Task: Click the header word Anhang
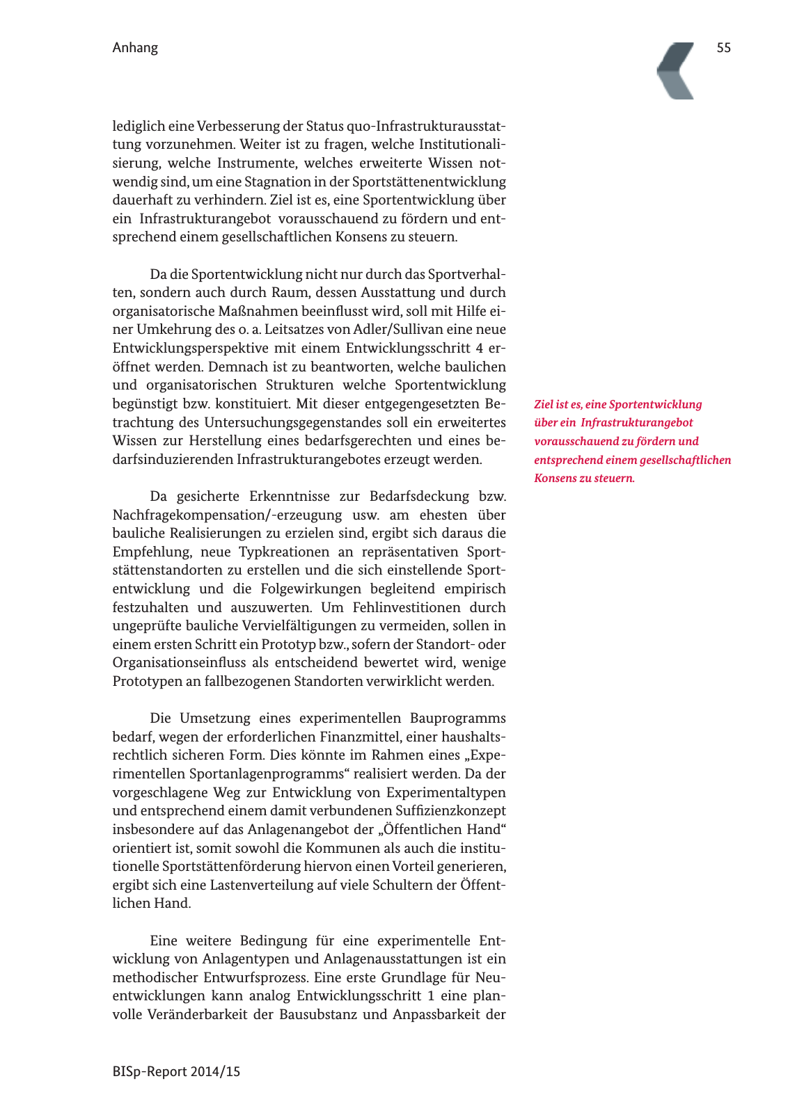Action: tap(135, 48)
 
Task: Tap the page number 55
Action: tap(723, 48)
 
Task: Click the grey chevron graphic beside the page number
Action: tap(677, 70)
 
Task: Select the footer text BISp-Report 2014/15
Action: tap(176, 1072)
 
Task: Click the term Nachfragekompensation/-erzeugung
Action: tap(227, 515)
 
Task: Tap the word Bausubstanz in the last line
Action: tap(318, 1015)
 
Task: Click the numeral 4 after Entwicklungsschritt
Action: tap(480, 349)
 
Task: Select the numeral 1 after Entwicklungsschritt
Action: tap(431, 996)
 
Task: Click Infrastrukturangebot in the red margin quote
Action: tap(637, 423)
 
